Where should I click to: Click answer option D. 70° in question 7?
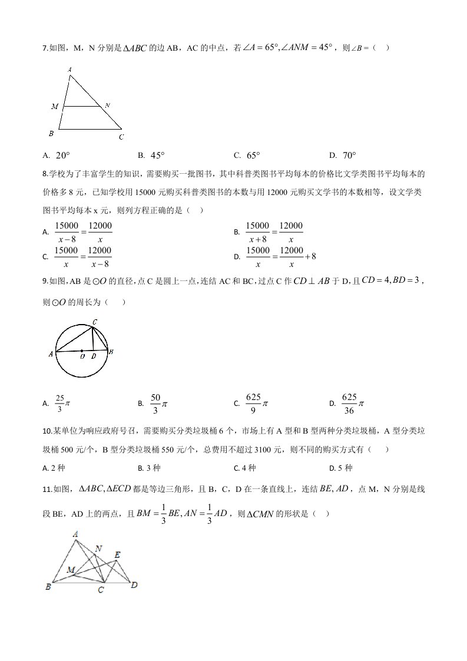pos(343,156)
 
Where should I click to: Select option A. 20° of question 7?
pos(57,156)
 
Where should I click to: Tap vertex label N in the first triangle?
pos(107,105)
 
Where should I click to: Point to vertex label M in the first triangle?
pos(55,107)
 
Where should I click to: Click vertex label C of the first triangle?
pos(121,137)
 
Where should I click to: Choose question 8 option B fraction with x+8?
pos(269,232)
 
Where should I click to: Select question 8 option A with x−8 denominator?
pos(77,232)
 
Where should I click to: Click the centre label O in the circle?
pos(82,356)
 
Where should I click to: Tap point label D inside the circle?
pos(93,356)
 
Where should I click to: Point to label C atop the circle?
pos(94,322)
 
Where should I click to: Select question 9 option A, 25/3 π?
pos(57,403)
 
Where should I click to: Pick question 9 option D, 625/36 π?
pos(347,403)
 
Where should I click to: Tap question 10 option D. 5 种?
pos(340,468)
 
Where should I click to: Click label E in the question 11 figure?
pos(117,554)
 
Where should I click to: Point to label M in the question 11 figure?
pos(71,570)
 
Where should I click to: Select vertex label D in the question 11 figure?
pos(134,584)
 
